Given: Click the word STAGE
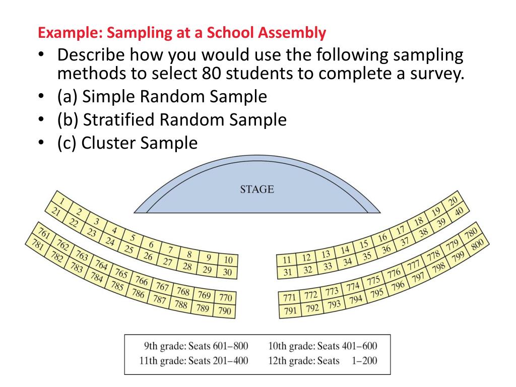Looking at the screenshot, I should click(x=257, y=189).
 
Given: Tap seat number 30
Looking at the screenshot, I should click(x=227, y=273).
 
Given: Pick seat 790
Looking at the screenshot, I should click(x=224, y=311).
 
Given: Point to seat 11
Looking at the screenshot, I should click(x=287, y=261).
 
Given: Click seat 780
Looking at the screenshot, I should click(x=470, y=233).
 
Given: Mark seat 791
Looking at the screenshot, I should click(x=290, y=310).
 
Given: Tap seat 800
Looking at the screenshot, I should click(x=478, y=244).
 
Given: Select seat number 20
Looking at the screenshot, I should click(x=453, y=201).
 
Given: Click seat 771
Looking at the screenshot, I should click(x=290, y=298).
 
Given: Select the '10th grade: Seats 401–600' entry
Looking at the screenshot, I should click(x=322, y=346).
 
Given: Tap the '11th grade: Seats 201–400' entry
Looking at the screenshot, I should click(x=193, y=361).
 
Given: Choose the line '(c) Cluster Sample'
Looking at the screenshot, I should click(x=127, y=143).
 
